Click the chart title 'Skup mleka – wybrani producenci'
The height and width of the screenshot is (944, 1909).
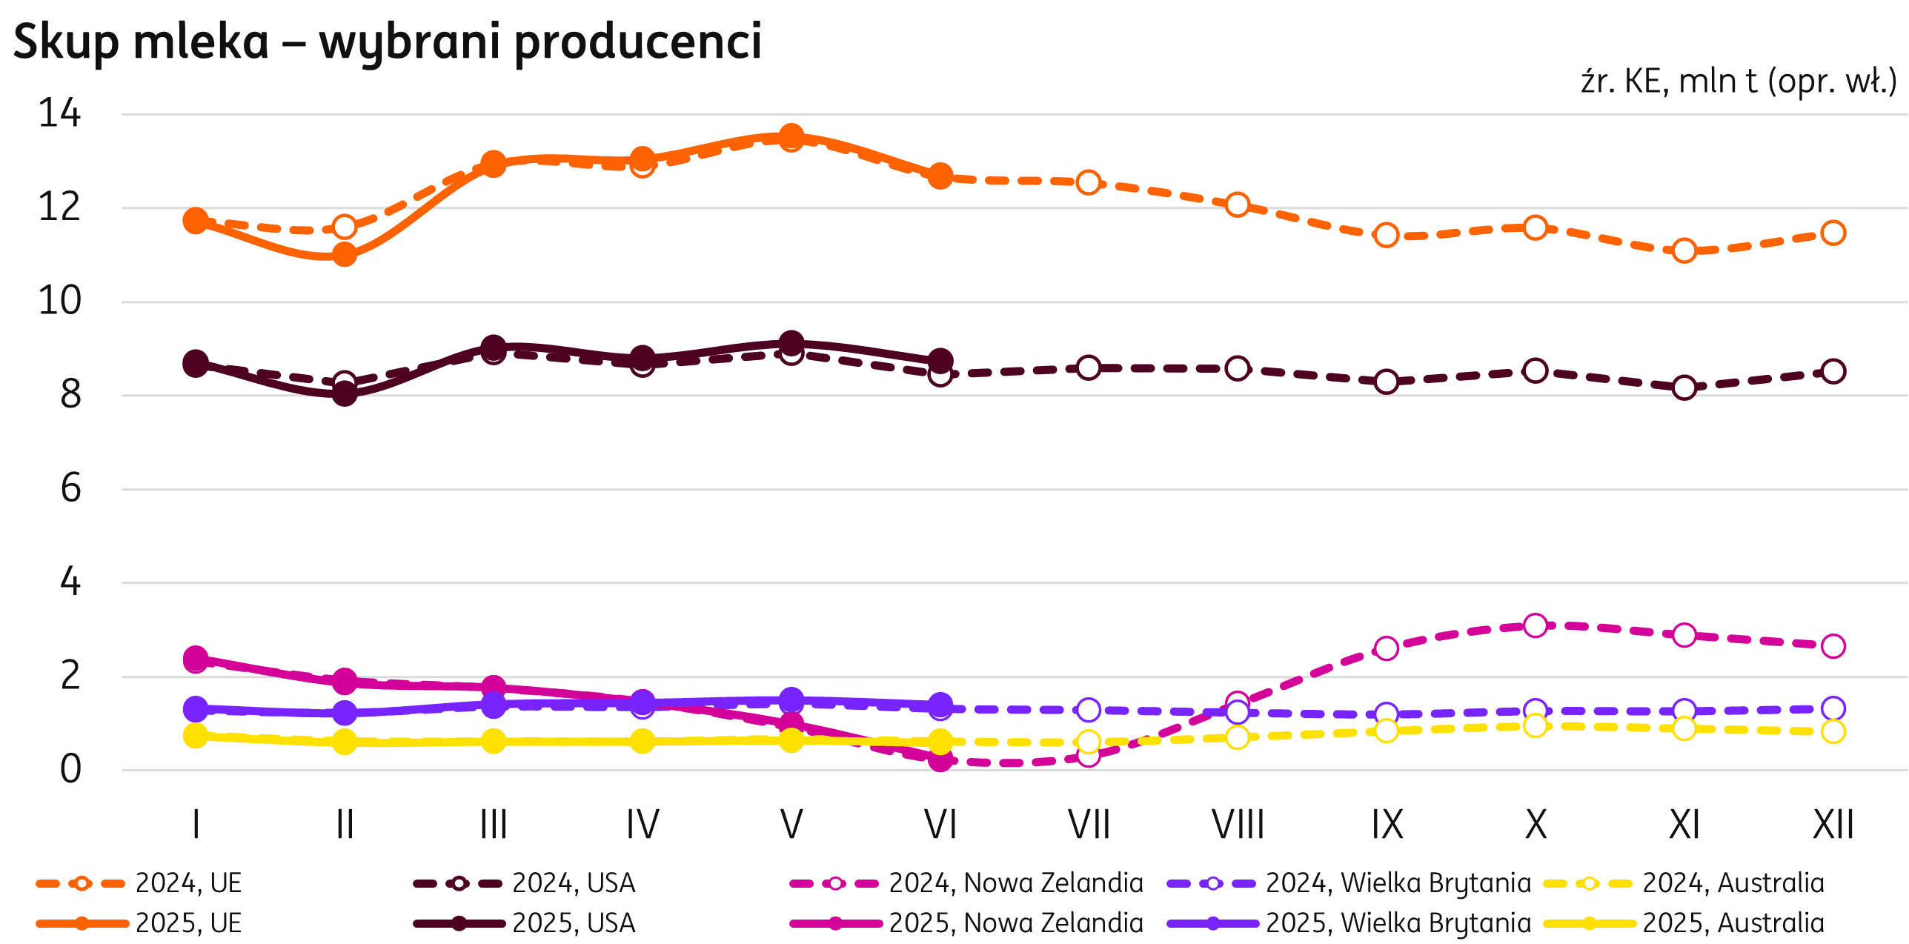pos(387,41)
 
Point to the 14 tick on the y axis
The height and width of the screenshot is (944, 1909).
pos(59,114)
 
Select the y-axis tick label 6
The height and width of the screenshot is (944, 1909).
pos(70,489)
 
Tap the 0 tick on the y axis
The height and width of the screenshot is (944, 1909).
pos(70,770)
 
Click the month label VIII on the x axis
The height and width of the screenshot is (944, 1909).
pos(1238,824)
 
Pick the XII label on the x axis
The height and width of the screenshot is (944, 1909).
pos(1833,824)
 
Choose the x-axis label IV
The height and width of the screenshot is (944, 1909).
pos(642,824)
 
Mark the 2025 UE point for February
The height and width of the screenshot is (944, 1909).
pos(345,255)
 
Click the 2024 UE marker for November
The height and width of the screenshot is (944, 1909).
pos(1684,250)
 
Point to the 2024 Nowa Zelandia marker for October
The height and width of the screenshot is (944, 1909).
pos(1535,626)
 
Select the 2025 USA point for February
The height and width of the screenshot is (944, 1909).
pos(345,393)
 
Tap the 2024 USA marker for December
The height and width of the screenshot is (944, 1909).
pos(1833,371)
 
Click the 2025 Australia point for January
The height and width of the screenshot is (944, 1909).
pos(196,736)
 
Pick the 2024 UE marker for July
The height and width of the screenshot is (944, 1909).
pos(1089,182)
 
